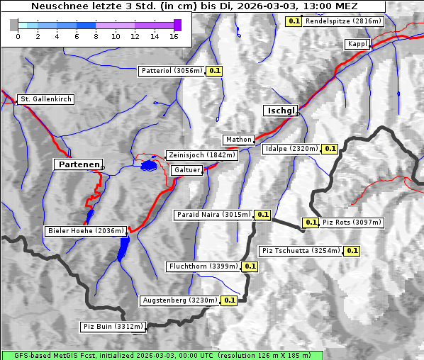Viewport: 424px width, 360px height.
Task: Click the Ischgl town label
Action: pyautogui.click(x=281, y=111)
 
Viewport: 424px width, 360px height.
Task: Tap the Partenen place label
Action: pyautogui.click(x=78, y=164)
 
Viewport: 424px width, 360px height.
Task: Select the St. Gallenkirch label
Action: pyautogui.click(x=46, y=99)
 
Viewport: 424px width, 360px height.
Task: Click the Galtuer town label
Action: pyautogui.click(x=187, y=170)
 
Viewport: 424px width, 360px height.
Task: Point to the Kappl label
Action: pyautogui.click(x=357, y=44)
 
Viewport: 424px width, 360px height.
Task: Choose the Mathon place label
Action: pyautogui.click(x=238, y=139)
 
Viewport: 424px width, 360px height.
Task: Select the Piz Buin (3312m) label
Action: pyautogui.click(x=113, y=327)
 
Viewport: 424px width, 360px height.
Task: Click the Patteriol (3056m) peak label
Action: pyautogui.click(x=172, y=71)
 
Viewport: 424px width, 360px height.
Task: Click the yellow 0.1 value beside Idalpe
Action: pyautogui.click(x=330, y=149)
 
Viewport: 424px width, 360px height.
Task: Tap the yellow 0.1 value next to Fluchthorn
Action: pyautogui.click(x=250, y=266)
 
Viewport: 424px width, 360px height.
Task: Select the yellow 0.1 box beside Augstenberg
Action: pyautogui.click(x=229, y=300)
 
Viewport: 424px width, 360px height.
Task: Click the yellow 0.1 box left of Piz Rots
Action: pyautogui.click(x=311, y=223)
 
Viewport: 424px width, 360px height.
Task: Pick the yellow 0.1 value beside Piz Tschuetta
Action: pyautogui.click(x=352, y=251)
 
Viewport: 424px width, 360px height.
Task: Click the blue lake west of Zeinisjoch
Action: pyautogui.click(x=148, y=165)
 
